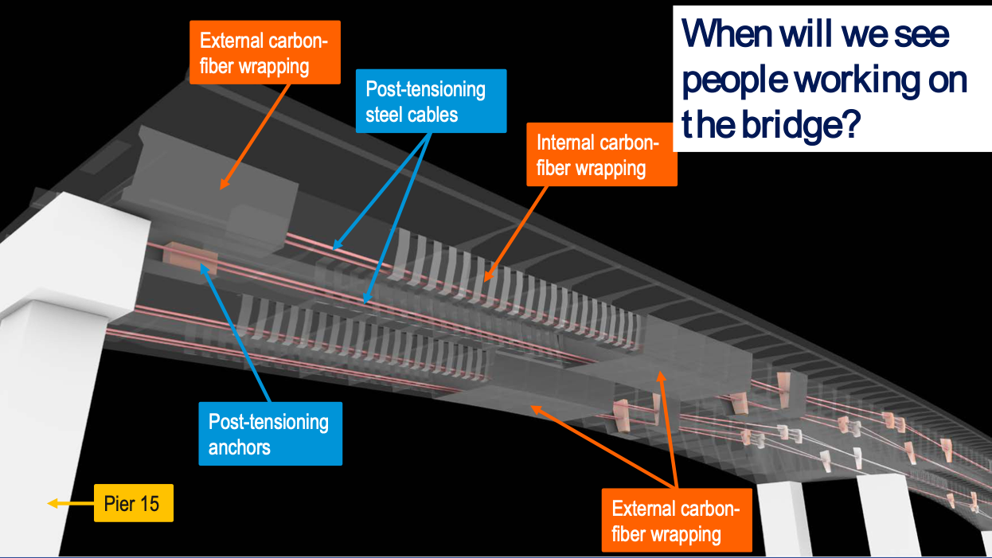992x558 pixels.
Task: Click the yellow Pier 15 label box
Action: click(133, 503)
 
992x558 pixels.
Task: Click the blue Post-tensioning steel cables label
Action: click(425, 101)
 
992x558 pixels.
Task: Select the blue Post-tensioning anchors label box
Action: click(269, 434)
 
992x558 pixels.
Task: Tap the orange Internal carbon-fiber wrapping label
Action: click(601, 155)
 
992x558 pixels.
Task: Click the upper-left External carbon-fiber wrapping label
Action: click(265, 53)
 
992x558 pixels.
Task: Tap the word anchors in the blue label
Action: click(240, 447)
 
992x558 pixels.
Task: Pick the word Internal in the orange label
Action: click(568, 142)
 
